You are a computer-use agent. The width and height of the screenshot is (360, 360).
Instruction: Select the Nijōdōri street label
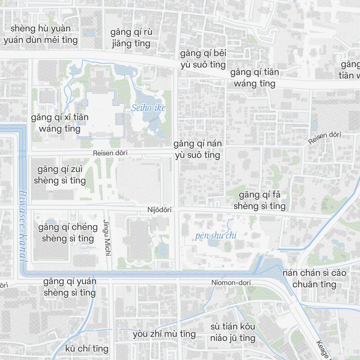tap(159, 210)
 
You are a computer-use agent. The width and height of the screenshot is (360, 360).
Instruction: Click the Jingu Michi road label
tap(106, 237)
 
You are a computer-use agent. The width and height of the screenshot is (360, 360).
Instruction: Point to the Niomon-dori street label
tap(231, 283)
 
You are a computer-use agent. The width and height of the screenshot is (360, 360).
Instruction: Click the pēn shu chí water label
tap(216, 236)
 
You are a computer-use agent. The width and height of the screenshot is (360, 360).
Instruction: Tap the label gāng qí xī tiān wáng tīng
tap(60, 123)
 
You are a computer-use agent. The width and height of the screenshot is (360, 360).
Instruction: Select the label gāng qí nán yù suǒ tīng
tap(197, 149)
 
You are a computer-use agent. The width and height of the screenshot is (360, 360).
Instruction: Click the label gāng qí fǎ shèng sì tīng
tap(259, 201)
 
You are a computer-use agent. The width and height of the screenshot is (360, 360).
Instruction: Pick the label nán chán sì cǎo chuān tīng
tap(314, 278)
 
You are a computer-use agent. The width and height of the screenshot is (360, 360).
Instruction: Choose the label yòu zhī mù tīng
tap(164, 334)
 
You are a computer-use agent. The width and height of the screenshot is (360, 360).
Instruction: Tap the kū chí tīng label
tap(87, 348)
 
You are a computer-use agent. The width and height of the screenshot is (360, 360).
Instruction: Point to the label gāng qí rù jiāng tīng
tap(131, 38)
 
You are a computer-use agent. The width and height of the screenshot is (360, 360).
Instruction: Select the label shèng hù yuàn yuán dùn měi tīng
tap(41, 34)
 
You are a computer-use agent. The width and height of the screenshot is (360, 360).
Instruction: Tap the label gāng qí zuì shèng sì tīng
tap(62, 175)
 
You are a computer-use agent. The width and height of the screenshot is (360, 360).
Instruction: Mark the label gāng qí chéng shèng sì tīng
tap(68, 233)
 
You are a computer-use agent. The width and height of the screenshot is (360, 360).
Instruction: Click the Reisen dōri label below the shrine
tap(110, 153)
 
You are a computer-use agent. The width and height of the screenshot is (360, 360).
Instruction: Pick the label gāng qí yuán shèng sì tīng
tap(70, 287)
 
